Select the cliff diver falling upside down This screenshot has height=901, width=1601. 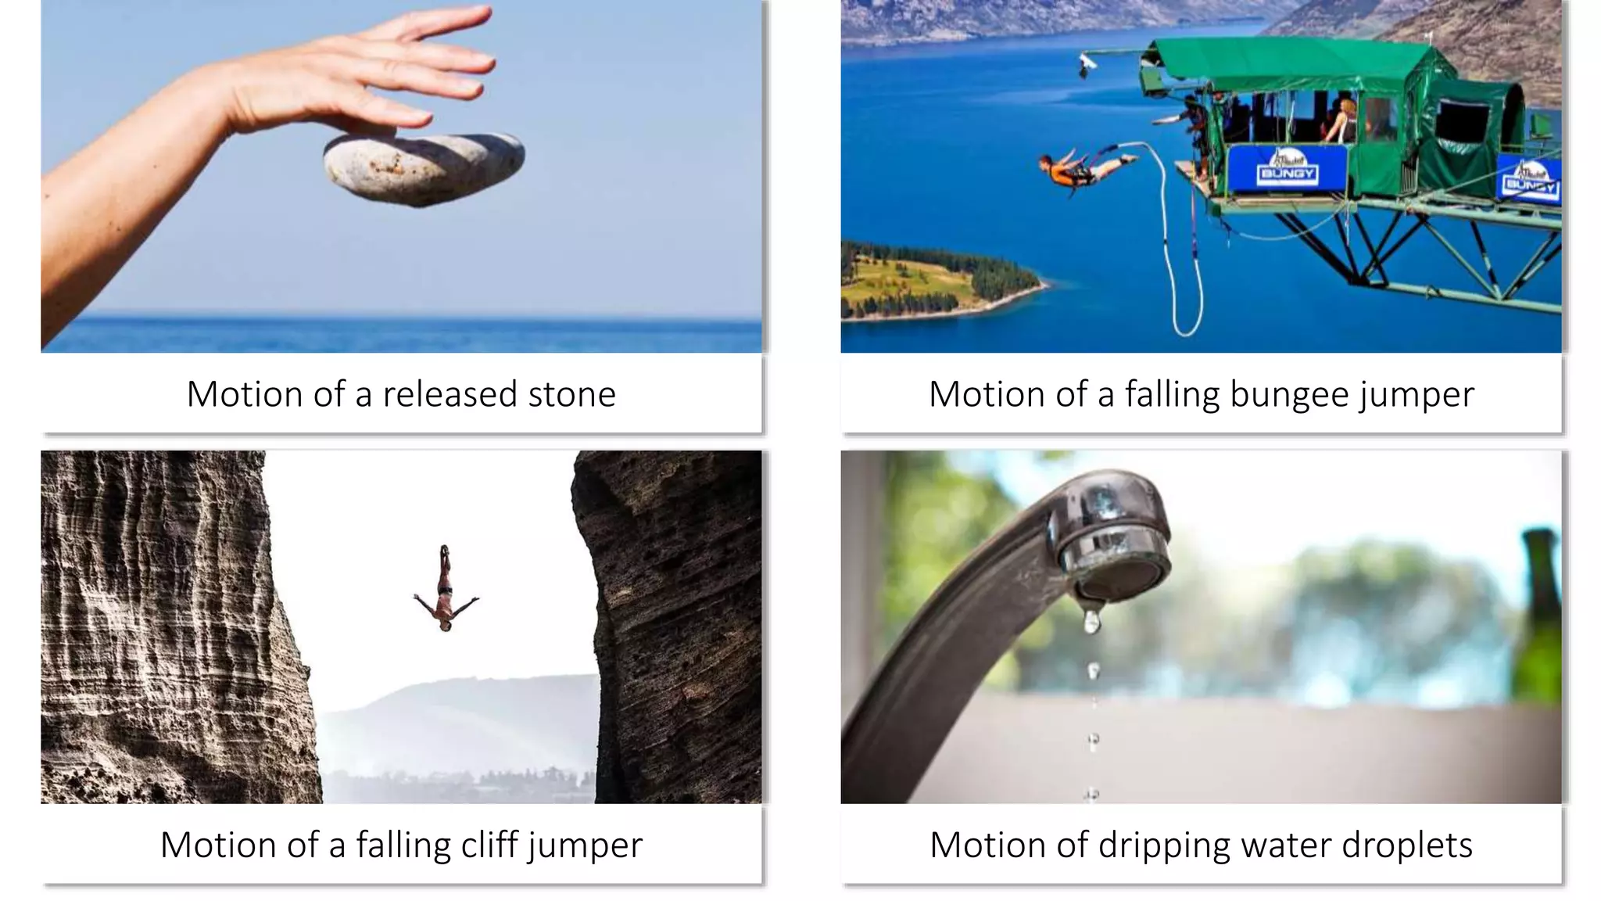(445, 590)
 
